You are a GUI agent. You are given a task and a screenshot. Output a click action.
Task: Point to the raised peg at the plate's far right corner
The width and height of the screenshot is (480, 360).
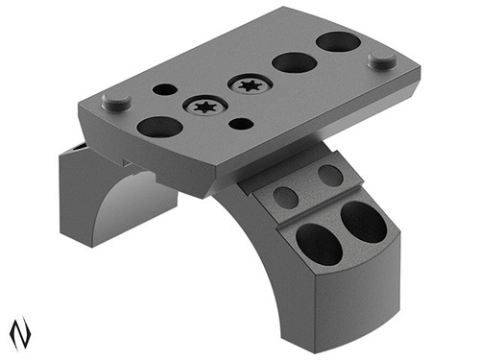coord(382,60)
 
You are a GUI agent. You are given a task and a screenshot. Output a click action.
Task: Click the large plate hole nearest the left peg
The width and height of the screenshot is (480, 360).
coord(159,126)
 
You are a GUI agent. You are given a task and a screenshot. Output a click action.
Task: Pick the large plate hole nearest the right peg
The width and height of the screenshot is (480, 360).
coord(338,41)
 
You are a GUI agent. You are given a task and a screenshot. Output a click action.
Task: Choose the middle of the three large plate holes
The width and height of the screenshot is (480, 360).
coord(295,62)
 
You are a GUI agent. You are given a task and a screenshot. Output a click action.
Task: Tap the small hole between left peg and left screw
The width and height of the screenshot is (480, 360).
coord(165,89)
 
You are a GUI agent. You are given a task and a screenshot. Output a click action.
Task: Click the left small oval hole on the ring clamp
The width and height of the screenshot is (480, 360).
coord(286,197)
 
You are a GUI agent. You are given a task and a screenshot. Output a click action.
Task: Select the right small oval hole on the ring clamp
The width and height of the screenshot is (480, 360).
coord(329,176)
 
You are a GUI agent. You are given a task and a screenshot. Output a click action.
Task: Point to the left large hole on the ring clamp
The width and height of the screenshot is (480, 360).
coord(319,244)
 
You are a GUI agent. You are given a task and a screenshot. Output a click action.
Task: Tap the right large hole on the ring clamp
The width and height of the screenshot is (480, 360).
coord(364,222)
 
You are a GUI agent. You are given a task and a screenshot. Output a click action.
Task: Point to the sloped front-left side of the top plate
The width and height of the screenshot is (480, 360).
coord(144,154)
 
